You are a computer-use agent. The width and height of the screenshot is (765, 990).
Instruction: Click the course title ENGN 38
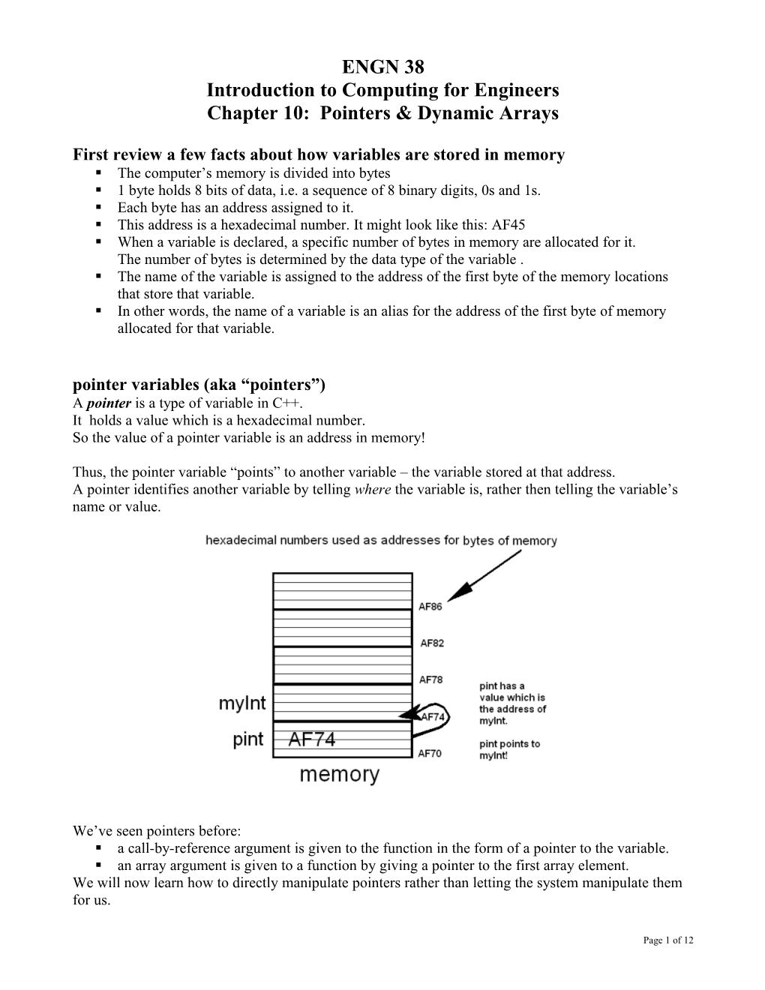pos(382,67)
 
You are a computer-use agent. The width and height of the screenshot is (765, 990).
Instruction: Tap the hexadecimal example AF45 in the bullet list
pos(508,225)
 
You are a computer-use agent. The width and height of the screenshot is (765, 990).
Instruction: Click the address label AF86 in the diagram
pos(430,607)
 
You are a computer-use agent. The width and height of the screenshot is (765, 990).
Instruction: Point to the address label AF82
pos(431,643)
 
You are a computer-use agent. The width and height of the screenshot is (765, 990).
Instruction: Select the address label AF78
pos(430,679)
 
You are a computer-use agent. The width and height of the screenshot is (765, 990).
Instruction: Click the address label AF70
pos(430,754)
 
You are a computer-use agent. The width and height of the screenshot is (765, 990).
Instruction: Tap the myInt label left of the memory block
pos(242,703)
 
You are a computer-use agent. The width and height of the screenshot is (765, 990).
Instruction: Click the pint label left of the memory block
pos(248,739)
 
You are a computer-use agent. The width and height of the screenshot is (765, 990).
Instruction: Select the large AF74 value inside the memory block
pos(312,739)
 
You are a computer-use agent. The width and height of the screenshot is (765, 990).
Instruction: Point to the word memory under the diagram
pos(339,775)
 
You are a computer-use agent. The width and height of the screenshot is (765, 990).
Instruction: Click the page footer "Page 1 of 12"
pos(668,940)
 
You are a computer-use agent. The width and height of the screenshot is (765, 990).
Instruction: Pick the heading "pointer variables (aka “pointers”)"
pos(199,385)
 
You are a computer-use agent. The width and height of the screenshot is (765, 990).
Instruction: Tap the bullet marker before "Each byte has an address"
pos(99,208)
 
